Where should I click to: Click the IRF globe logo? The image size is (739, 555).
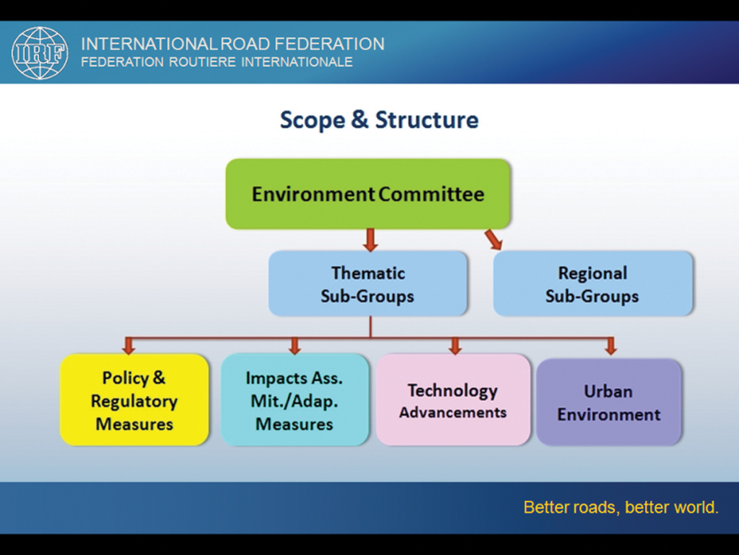[40, 53]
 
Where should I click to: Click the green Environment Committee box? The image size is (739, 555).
[368, 194]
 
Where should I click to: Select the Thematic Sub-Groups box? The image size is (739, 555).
[368, 283]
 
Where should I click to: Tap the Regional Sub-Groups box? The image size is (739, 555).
[593, 283]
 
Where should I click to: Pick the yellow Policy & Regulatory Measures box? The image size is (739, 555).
[135, 399]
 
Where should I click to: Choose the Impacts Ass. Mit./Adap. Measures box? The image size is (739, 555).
[294, 399]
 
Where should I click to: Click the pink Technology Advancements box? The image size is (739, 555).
[453, 399]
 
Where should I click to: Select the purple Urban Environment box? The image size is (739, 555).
[609, 402]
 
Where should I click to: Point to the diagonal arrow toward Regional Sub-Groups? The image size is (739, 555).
[493, 239]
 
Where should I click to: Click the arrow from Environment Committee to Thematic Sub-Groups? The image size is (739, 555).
[370, 240]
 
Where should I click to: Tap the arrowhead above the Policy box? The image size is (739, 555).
[128, 346]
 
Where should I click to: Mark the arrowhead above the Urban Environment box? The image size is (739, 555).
[611, 346]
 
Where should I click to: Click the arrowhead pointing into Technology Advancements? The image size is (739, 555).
[455, 346]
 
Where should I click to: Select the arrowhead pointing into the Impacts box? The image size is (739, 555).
[294, 346]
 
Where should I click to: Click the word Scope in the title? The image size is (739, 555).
[312, 120]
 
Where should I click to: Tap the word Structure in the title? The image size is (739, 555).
[426, 120]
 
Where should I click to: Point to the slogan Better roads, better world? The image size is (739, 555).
[621, 508]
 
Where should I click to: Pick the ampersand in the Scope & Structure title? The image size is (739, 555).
[359, 120]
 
